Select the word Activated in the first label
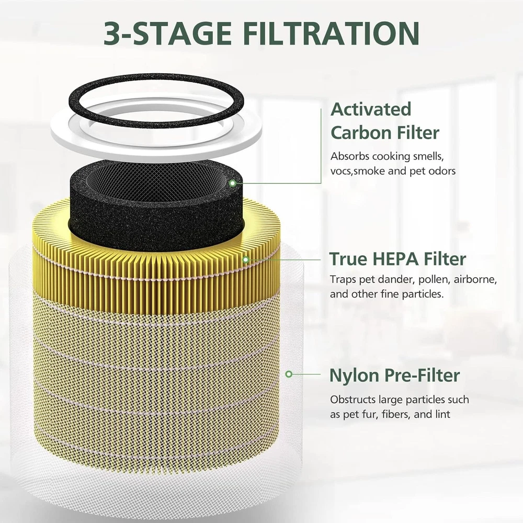371,109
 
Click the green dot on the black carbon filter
233,183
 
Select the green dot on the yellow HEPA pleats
245,259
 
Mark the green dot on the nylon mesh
289,374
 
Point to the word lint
443,414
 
